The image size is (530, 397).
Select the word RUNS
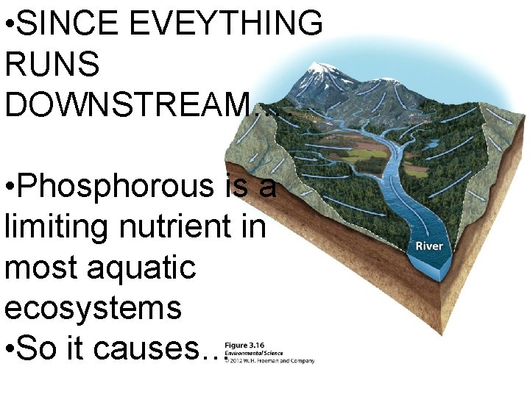[x=52, y=65]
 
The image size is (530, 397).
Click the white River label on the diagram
[x=429, y=246]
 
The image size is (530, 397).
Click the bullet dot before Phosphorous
[x=9, y=187]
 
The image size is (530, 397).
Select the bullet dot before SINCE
[x=9, y=24]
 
